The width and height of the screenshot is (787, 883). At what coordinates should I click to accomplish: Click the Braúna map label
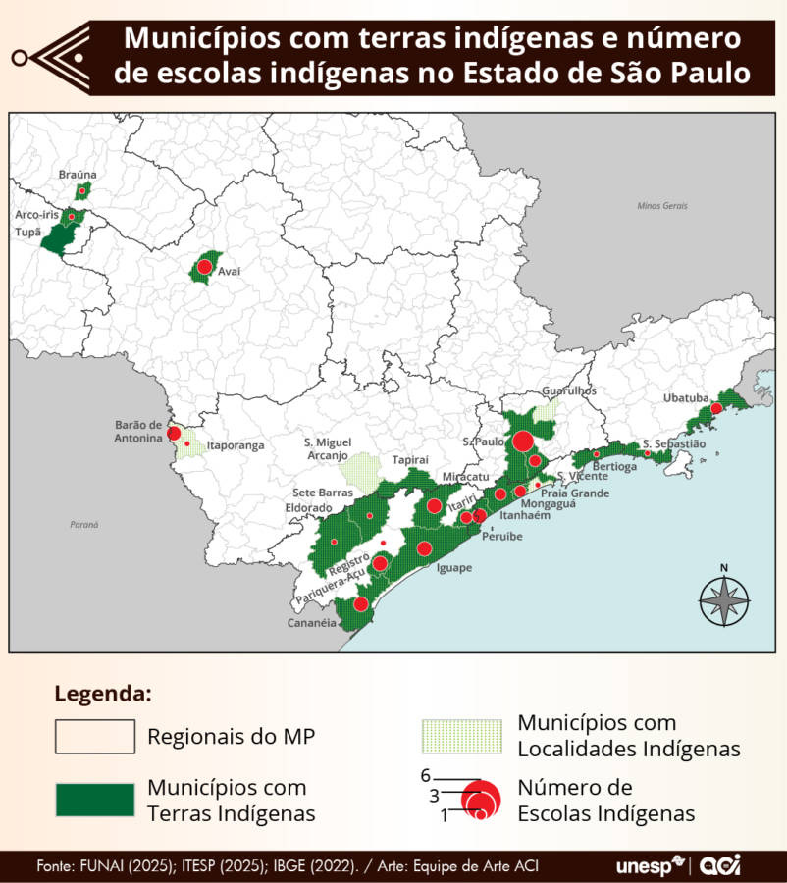click(78, 174)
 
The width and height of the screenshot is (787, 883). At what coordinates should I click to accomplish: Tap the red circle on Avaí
click(204, 267)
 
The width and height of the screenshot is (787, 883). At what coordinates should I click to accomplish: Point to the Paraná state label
click(83, 525)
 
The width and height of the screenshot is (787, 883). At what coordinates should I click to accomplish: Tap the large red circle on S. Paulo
click(523, 441)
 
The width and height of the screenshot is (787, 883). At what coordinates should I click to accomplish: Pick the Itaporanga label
click(236, 445)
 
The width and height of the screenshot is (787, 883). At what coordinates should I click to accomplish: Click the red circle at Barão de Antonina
click(174, 434)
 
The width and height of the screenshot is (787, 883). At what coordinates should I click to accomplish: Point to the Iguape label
click(453, 568)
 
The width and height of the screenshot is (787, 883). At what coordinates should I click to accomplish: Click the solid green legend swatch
click(94, 800)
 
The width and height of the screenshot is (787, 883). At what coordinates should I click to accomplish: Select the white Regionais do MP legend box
click(94, 736)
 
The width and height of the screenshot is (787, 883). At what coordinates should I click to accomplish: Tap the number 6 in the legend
click(426, 775)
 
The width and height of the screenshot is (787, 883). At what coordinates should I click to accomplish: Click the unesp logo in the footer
click(651, 866)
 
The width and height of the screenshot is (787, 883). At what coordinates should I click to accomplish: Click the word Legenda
click(103, 694)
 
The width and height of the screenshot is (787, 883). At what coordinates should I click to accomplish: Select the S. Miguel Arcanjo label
click(326, 448)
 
